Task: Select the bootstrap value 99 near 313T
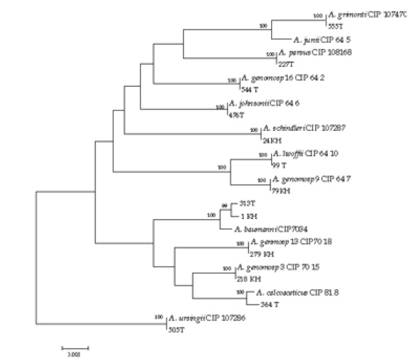tap(225, 205)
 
